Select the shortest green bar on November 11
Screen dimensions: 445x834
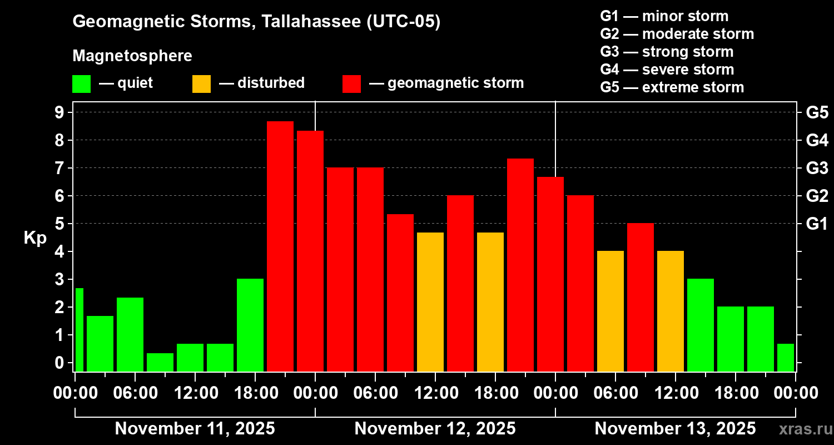tap(160, 362)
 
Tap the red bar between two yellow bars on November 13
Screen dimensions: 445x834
tap(640, 297)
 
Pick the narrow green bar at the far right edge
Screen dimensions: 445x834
tap(785, 357)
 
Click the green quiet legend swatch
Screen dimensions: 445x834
tap(81, 83)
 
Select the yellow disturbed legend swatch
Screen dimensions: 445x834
tap(201, 83)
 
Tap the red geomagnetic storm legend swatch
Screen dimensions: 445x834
tap(351, 83)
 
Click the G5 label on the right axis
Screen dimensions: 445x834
tap(817, 113)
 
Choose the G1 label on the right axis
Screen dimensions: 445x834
tap(817, 224)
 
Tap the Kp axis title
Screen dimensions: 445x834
tap(35, 238)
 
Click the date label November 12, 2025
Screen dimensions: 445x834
tap(435, 429)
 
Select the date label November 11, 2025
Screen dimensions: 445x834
tap(195, 429)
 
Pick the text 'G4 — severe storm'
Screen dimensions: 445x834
tap(667, 70)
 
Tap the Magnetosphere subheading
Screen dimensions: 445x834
tap(132, 56)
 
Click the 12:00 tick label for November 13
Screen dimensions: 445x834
tap(675, 393)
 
